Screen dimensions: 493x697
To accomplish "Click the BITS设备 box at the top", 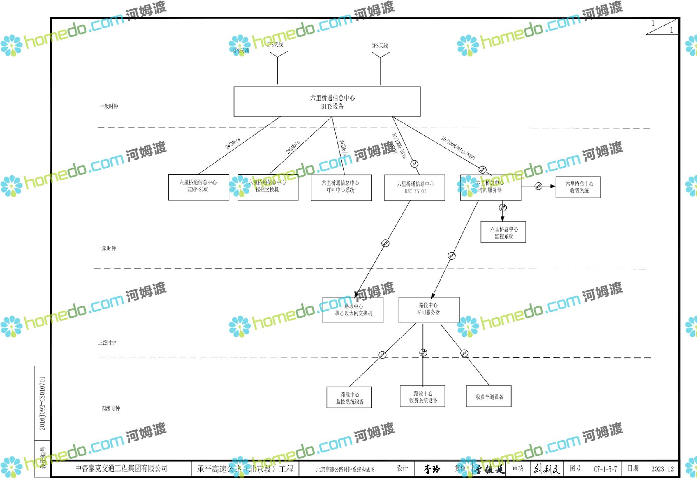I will coord(327,102).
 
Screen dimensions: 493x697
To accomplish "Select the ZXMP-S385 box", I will coord(198,187).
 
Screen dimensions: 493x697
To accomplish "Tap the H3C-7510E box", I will coord(415,188).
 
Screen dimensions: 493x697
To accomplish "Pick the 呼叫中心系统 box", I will coord(341,188).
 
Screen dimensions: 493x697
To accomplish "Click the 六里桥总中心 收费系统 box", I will coord(578,187).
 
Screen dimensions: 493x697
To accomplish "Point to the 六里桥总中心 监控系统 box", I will coord(503,232).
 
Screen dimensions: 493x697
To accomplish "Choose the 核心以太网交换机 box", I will coord(353,310).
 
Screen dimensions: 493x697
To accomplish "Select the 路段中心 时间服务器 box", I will coord(429,310).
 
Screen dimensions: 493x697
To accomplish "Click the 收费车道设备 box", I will coord(489,396).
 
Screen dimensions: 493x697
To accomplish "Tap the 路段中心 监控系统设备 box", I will coord(349,397).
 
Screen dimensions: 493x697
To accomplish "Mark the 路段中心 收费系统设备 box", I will coord(422,396).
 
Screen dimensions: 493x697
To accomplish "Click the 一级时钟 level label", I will coord(109,106).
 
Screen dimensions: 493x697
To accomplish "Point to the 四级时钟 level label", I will coord(111,408).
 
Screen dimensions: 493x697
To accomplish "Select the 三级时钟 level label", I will coord(107,342).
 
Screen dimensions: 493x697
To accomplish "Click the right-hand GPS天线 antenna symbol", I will coord(380,56).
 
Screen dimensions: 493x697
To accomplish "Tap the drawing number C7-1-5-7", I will coord(605,469).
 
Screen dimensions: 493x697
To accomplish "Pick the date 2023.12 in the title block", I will coord(662,469).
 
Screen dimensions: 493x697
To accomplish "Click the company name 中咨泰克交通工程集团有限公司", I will coord(121,468).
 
